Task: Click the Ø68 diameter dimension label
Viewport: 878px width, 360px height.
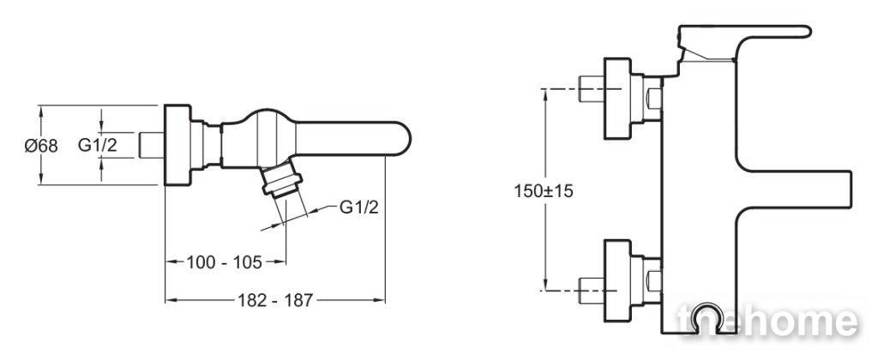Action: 41,146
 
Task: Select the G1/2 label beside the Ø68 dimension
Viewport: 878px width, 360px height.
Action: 98,146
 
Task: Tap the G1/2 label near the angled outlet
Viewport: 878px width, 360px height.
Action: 359,207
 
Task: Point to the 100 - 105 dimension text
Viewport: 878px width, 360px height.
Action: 224,261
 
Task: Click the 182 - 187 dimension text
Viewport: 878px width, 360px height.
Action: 275,301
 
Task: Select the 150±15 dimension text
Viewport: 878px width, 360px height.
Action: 544,191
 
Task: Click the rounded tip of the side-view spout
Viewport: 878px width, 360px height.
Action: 405,139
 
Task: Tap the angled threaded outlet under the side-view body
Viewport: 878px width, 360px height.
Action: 281,180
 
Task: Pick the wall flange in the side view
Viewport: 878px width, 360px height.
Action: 177,145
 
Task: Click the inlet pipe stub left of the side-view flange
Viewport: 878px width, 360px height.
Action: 151,145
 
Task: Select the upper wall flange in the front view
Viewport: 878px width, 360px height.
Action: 617,98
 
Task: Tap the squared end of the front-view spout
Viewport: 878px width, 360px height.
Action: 845,189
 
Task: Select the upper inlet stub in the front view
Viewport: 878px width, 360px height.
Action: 591,88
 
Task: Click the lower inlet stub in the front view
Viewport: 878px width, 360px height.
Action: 591,290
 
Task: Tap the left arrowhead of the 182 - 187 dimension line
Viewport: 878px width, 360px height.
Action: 170,301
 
